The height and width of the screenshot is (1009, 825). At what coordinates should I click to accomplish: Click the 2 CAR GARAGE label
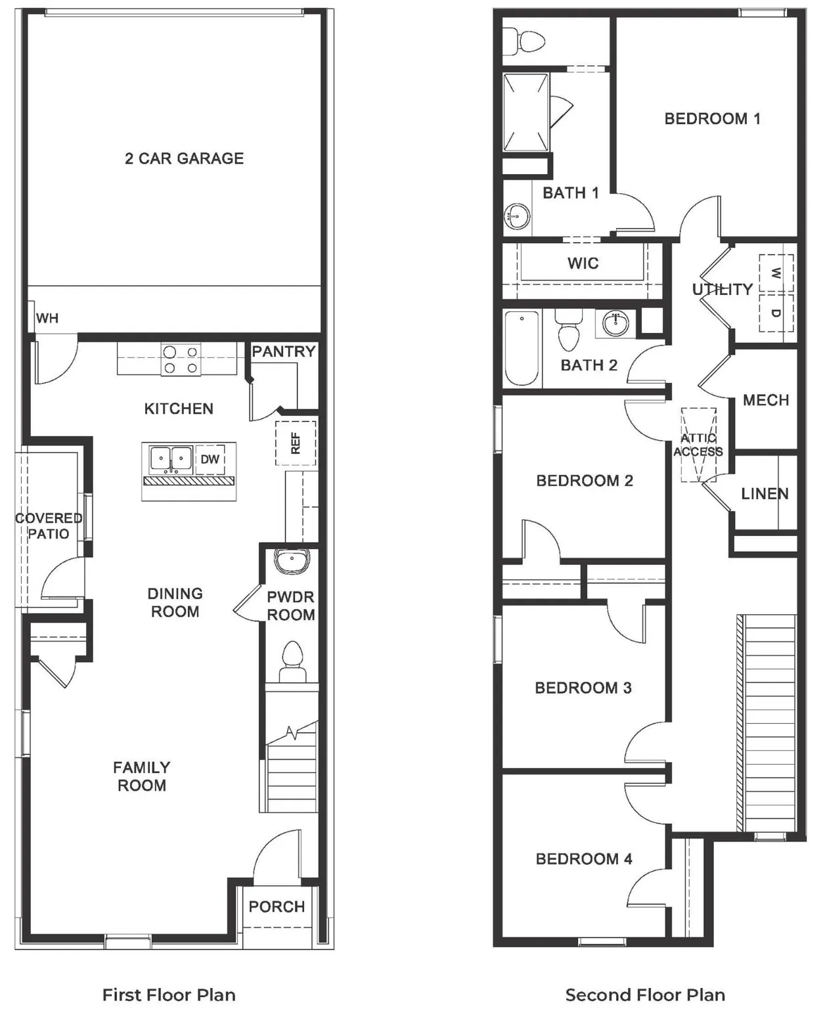[184, 158]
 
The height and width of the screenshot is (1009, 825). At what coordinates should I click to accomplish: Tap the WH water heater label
[47, 319]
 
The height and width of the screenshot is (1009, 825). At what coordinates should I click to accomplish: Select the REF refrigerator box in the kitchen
[296, 443]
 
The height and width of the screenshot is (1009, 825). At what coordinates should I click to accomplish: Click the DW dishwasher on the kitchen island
[210, 459]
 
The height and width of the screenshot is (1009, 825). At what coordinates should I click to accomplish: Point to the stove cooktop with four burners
[181, 359]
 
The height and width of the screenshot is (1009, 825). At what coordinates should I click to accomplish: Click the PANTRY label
[284, 351]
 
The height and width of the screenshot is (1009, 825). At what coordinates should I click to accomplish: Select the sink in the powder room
[292, 562]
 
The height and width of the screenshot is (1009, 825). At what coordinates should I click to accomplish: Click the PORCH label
[277, 907]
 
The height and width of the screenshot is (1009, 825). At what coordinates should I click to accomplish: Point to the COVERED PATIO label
[49, 526]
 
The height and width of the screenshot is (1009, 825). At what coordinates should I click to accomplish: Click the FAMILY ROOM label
[142, 776]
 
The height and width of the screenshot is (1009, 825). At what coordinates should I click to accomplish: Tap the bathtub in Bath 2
[522, 348]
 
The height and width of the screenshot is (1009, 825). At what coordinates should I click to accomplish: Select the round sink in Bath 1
[518, 215]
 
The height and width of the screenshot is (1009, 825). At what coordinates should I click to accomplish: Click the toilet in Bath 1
[529, 41]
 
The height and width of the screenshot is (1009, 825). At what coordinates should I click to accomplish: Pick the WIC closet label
[583, 263]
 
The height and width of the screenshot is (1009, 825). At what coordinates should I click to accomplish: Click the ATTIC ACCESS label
[698, 445]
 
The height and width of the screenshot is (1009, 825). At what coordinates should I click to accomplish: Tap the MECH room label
[766, 400]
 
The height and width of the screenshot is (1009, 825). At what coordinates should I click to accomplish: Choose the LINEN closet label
[765, 493]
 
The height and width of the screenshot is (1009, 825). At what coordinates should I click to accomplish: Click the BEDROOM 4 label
[584, 859]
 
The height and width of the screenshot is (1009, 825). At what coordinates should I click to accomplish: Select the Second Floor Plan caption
[645, 995]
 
